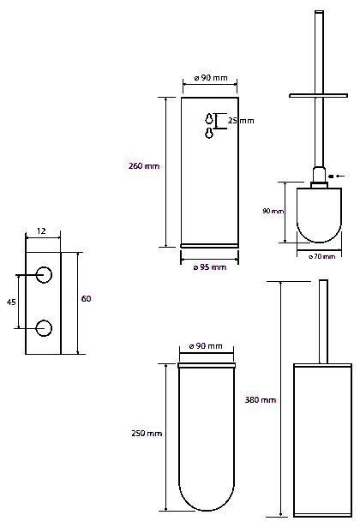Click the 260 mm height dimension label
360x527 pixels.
(x=144, y=166)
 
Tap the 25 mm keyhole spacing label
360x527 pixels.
(x=241, y=121)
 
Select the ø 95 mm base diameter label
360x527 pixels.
(x=210, y=267)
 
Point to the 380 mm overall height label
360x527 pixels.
(x=261, y=400)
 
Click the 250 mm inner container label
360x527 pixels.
(x=147, y=434)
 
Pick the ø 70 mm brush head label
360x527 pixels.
(x=321, y=257)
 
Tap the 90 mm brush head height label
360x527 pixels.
(x=273, y=211)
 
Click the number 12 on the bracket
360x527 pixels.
(x=41, y=231)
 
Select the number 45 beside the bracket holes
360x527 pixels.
(x=11, y=302)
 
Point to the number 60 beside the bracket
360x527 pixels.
(x=86, y=298)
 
